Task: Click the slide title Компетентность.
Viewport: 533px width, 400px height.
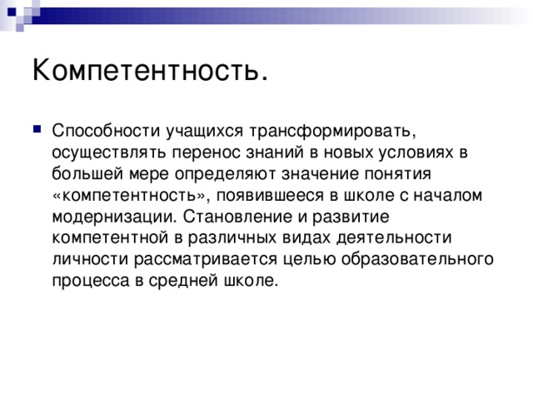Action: [x=150, y=70]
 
